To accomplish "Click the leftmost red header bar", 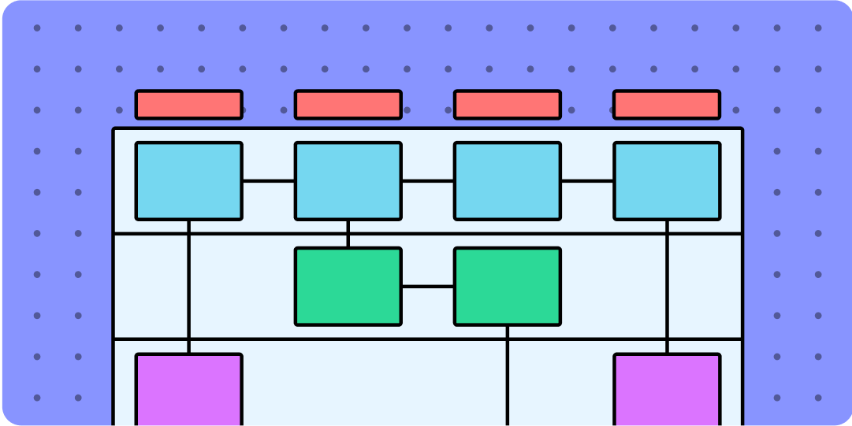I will tap(188, 105).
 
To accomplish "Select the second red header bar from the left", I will tap(348, 105).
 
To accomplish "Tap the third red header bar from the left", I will tap(507, 105).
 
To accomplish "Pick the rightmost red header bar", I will tap(667, 105).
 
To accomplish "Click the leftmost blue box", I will tap(188, 180).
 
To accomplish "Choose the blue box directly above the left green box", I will tap(348, 180).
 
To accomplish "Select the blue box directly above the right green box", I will tap(507, 180).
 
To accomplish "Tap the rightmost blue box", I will tap(667, 180).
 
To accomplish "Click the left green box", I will tap(348, 286).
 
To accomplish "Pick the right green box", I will tap(507, 286).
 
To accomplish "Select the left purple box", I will tap(188, 390).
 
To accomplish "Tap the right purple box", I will tap(667, 390).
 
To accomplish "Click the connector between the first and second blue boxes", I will tap(268, 181).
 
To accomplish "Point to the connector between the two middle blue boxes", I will tap(427, 181).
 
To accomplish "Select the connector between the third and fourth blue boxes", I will tap(587, 181).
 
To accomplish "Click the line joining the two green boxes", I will tap(427, 287).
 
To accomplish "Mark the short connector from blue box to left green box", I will tap(348, 234).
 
